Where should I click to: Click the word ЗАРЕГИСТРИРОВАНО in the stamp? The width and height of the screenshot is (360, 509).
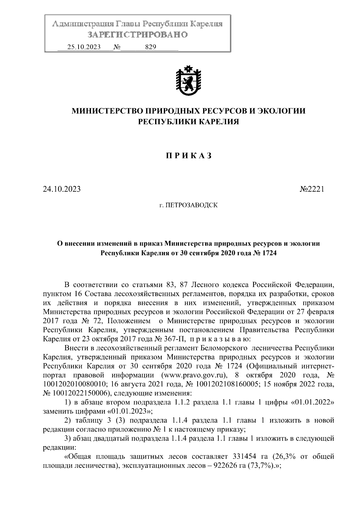pyautogui.click(x=137, y=34)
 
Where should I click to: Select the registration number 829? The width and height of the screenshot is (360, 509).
pyautogui.click(x=150, y=47)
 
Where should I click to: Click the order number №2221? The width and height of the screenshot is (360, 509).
pyautogui.click(x=312, y=189)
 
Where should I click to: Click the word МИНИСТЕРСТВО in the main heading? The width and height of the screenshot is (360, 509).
pyautogui.click(x=107, y=111)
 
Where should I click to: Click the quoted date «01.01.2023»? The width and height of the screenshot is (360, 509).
pyautogui.click(x=130, y=411)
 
